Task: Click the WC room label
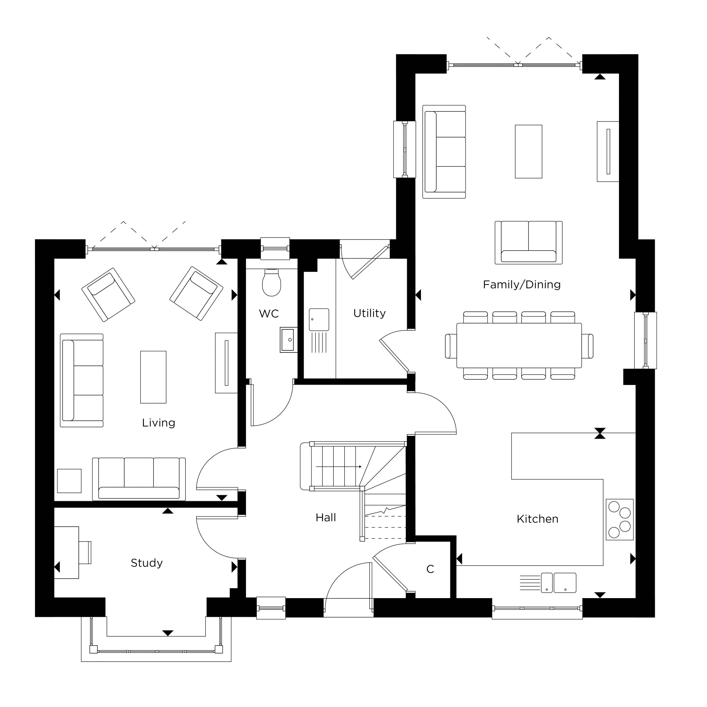(x=269, y=314)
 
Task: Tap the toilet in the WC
(x=271, y=282)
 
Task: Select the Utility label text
(x=369, y=313)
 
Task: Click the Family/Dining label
(x=521, y=285)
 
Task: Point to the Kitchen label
(x=537, y=519)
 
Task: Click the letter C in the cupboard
(x=430, y=569)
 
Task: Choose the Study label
(x=146, y=563)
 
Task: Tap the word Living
(x=158, y=423)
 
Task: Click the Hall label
(x=326, y=518)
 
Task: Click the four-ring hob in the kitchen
(x=620, y=520)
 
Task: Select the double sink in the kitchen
(x=559, y=583)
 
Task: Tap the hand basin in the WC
(x=288, y=340)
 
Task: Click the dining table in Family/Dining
(x=519, y=345)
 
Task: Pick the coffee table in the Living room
(x=153, y=377)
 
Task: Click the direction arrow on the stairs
(x=339, y=467)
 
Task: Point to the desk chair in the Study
(x=85, y=553)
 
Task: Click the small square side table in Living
(x=69, y=481)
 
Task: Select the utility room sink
(x=319, y=320)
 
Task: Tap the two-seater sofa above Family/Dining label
(x=528, y=243)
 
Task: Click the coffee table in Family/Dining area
(x=528, y=152)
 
